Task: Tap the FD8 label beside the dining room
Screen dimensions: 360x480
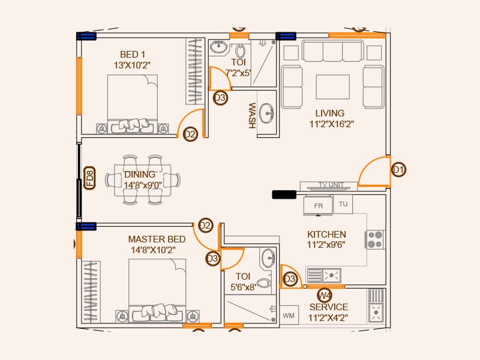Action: pos(89,179)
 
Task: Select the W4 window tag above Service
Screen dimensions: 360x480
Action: pos(325,295)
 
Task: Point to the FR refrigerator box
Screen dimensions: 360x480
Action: pos(318,205)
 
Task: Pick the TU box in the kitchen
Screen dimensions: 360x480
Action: pos(343,204)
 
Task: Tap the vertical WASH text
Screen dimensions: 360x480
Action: pos(251,115)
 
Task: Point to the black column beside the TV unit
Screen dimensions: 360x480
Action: pos(284,194)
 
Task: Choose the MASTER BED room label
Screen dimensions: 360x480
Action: pos(157,239)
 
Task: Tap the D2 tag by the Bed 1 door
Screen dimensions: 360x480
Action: pos(190,134)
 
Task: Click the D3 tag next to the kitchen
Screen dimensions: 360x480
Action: pos(290,279)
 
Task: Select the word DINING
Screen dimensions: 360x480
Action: pos(140,175)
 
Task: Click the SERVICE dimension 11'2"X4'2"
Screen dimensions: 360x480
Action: pos(328,318)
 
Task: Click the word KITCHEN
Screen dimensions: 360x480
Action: pos(326,234)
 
